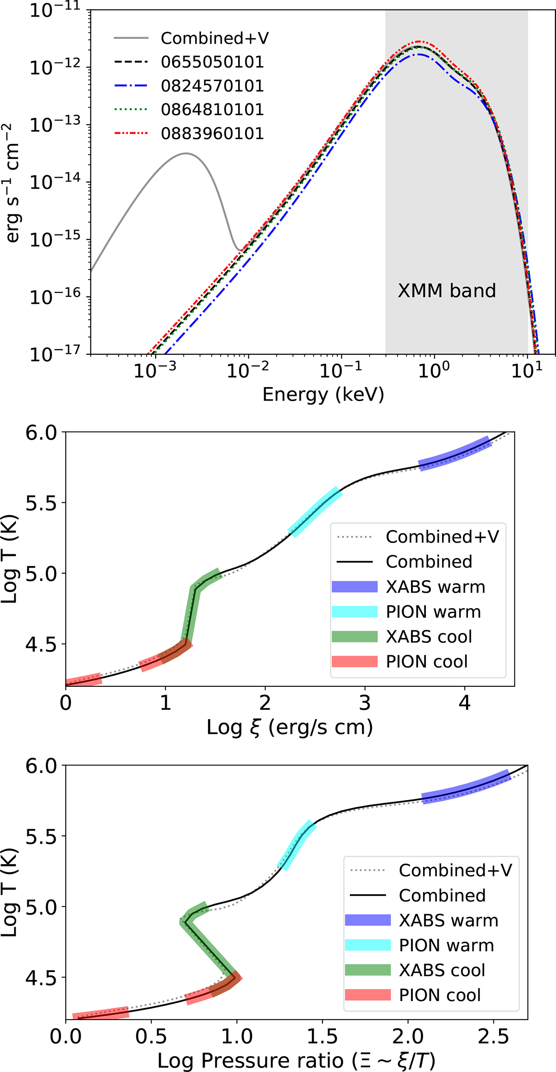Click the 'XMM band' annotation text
[447, 291]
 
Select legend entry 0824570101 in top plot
[212, 86]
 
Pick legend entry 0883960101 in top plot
[212, 134]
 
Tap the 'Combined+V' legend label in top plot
[215, 38]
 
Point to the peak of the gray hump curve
[186, 153]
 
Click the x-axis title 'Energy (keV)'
[323, 395]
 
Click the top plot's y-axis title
[13, 182]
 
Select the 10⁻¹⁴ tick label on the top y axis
[55, 182]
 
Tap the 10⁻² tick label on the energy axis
[247, 370]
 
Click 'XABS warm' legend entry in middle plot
[435, 587]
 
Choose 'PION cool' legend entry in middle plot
[427, 662]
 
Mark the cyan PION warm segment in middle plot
[315, 512]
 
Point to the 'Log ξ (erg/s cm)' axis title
[290, 727]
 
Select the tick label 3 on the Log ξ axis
[365, 703]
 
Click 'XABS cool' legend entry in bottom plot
[442, 970]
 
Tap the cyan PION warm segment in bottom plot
[297, 845]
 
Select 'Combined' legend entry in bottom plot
[442, 896]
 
